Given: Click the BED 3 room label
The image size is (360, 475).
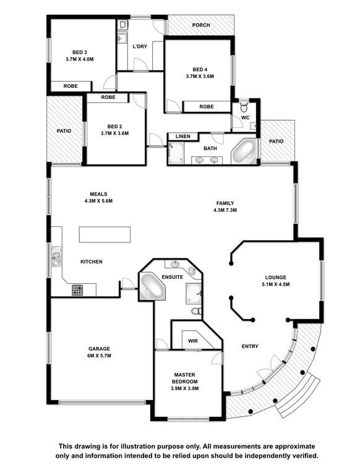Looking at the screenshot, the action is pyautogui.click(x=80, y=53).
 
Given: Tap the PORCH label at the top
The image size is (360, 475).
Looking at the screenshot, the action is pyautogui.click(x=201, y=25).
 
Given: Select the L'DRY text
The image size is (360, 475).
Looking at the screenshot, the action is pyautogui.click(x=140, y=46).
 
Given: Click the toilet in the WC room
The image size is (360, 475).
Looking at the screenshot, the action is pyautogui.click(x=244, y=106).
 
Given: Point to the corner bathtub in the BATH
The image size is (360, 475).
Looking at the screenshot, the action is pyautogui.click(x=244, y=151).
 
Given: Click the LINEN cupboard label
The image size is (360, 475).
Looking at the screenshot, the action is pyautogui.click(x=183, y=136).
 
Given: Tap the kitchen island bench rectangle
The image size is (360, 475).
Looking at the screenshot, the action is pyautogui.click(x=105, y=234).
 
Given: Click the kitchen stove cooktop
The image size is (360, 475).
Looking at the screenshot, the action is pyautogui.click(x=77, y=290).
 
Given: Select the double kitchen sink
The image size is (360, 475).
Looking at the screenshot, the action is pyautogui.click(x=57, y=256).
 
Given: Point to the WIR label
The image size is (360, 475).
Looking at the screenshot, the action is pyautogui.click(x=193, y=341).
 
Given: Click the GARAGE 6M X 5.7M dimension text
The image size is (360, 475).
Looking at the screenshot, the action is pyautogui.click(x=99, y=356).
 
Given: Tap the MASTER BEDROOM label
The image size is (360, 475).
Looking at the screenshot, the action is pyautogui.click(x=184, y=379).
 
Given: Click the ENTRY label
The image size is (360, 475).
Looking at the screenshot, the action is pyautogui.click(x=250, y=346).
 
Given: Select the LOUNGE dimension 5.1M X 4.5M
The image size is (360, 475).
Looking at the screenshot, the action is pyautogui.click(x=276, y=284).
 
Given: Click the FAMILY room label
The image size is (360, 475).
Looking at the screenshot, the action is pyautogui.click(x=225, y=203).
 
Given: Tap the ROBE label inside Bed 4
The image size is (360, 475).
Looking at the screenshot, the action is pyautogui.click(x=207, y=106).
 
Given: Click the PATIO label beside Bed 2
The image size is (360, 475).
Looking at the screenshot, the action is pyautogui.click(x=64, y=131).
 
